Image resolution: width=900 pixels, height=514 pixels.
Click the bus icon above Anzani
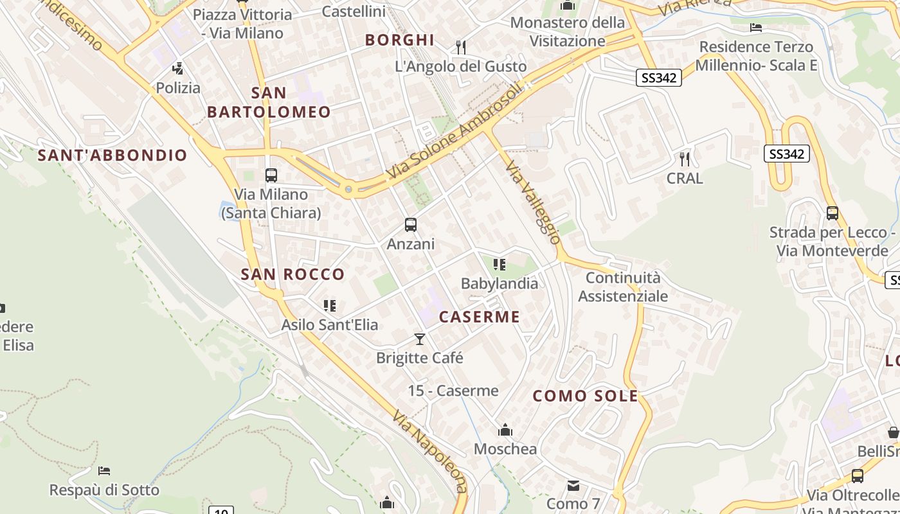coord(411,225)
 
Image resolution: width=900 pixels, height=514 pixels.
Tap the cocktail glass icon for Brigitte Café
coord(420,339)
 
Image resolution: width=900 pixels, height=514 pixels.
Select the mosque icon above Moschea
coord(505,429)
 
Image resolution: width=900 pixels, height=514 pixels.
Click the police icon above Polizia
coord(178,68)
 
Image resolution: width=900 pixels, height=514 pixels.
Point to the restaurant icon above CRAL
coord(685,158)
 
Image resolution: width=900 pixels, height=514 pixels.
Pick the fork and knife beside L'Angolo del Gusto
coord(460,47)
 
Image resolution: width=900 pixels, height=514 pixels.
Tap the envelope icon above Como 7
coord(573,485)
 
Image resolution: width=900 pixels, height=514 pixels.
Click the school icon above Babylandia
coord(500,264)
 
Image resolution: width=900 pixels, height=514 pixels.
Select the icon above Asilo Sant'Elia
coord(330,306)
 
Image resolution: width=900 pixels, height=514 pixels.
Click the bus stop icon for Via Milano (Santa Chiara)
coord(271,175)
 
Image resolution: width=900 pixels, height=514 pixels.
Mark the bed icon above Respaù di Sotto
coord(104,471)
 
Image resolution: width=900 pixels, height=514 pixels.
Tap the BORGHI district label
coord(400,40)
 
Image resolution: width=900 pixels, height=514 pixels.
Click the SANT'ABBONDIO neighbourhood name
coord(113,155)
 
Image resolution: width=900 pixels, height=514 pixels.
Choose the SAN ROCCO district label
coord(292,274)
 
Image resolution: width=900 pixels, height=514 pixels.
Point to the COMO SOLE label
coord(586,396)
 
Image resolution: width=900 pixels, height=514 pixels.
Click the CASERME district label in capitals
coord(480,317)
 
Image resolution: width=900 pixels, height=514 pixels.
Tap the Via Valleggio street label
coord(533,202)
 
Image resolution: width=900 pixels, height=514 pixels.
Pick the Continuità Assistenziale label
coord(623,287)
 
